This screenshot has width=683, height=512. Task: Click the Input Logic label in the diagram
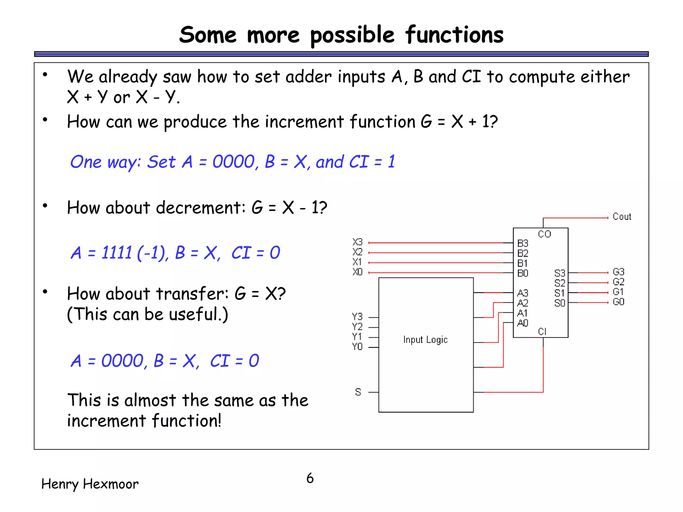(x=425, y=340)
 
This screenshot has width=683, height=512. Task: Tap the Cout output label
(x=622, y=217)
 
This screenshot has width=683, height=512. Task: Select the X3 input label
(x=357, y=242)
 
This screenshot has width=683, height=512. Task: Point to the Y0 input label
(x=357, y=347)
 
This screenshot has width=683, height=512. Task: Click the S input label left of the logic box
(x=358, y=392)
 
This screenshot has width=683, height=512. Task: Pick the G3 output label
(x=618, y=272)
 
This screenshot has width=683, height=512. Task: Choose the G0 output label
(x=618, y=302)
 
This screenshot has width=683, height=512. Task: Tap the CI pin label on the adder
(x=542, y=331)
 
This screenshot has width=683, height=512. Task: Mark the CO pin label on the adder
(x=544, y=234)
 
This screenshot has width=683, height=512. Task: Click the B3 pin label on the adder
(x=523, y=243)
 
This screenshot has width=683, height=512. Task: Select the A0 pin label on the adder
(x=523, y=323)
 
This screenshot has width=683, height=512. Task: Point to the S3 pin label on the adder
(x=560, y=273)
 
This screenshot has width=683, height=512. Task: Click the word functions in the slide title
(x=454, y=35)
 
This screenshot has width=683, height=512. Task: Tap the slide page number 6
(x=310, y=478)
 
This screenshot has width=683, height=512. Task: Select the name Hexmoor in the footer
(x=110, y=484)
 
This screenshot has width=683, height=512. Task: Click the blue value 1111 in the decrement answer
(x=117, y=253)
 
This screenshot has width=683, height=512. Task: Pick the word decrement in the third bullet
(x=200, y=208)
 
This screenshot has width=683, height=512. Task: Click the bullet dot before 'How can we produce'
(x=45, y=119)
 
